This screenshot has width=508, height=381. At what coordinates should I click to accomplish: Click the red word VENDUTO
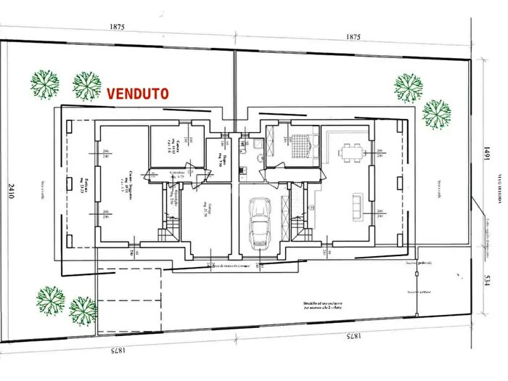tap(138, 94)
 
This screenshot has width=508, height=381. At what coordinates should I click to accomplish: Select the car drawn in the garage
tap(260, 223)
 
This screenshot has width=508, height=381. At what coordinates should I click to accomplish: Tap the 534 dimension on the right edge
tap(487, 280)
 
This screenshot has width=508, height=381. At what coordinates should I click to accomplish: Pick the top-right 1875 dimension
tap(353, 36)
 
